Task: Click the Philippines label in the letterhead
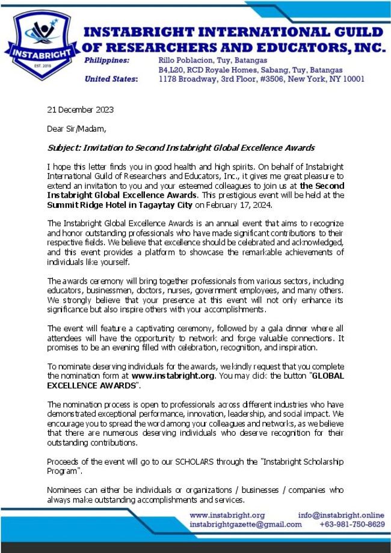106,61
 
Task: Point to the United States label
111,79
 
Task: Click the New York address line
261,79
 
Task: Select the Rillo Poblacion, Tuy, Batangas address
212,61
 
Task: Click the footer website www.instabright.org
227,515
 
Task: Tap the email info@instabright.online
340,515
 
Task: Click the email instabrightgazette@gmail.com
245,524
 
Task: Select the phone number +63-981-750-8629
352,524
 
